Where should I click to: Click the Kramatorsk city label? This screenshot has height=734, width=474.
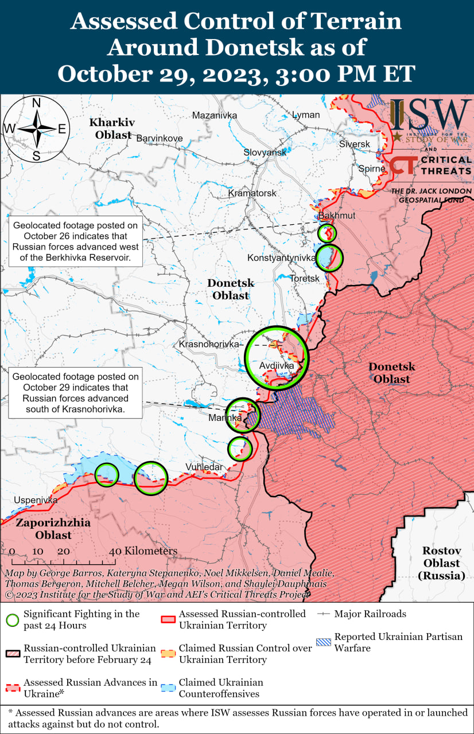[252, 193]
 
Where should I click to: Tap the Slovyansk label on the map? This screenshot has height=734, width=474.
[265, 153]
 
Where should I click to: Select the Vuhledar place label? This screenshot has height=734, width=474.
[204, 467]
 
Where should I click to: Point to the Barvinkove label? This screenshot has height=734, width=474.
[159, 138]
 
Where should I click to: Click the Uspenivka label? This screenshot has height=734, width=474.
[36, 500]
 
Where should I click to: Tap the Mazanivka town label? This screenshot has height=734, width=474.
[215, 115]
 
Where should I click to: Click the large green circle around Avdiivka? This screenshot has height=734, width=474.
[277, 357]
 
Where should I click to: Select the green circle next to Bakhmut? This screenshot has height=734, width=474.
[327, 233]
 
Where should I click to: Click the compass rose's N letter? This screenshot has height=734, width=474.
[36, 103]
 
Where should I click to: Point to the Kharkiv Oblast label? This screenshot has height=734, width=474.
[111, 128]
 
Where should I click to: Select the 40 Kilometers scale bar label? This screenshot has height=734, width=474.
[143, 551]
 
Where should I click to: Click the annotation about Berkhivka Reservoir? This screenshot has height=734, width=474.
[76, 241]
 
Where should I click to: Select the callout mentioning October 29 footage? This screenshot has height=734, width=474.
[76, 393]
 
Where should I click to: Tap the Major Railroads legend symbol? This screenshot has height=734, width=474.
[324, 614]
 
